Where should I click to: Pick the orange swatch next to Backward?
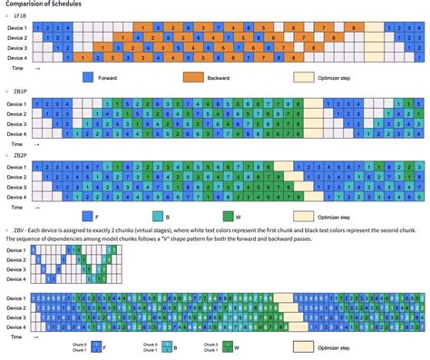[x=193, y=78]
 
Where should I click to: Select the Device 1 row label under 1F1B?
[x=19, y=28]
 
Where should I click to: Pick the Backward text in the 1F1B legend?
[x=225, y=78]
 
